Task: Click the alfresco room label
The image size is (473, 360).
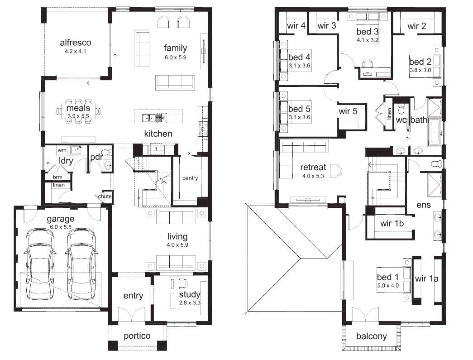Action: (x=76, y=43)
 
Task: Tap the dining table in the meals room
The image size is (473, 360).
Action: (x=79, y=111)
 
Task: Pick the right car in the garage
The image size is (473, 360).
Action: (x=81, y=264)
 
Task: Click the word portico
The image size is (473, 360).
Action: (x=137, y=336)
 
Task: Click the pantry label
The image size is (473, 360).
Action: (x=190, y=178)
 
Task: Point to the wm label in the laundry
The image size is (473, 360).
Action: (x=61, y=149)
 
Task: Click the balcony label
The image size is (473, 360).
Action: (x=371, y=336)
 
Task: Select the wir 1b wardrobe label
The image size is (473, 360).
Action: (x=392, y=223)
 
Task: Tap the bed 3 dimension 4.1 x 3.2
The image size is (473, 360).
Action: (x=367, y=39)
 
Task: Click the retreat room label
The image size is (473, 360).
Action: (x=313, y=168)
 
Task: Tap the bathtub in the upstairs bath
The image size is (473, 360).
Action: (x=435, y=132)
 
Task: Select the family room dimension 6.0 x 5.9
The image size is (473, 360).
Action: (x=175, y=58)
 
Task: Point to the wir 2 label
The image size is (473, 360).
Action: (x=416, y=26)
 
